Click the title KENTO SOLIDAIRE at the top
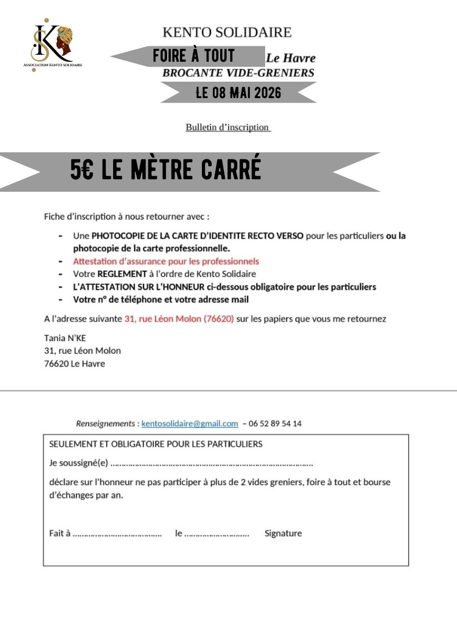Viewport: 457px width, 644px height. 227,33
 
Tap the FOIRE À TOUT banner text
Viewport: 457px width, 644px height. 193,56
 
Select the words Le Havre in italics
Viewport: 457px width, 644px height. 291,58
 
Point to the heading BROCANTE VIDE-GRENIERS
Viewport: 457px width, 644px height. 238,73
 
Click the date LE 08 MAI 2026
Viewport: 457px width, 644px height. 238,93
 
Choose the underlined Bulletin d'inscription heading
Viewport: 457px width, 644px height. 228,127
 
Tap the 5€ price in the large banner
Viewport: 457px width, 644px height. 81,171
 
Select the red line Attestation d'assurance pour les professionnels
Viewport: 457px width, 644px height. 166,261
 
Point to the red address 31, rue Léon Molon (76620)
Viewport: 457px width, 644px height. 179,318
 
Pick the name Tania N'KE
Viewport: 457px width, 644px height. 65,338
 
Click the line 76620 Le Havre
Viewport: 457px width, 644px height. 75,364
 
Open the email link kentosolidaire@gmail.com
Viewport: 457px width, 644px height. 190,423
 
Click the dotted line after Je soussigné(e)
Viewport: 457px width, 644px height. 211,464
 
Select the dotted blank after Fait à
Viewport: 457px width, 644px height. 117,533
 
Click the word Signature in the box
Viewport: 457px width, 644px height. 283,533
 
